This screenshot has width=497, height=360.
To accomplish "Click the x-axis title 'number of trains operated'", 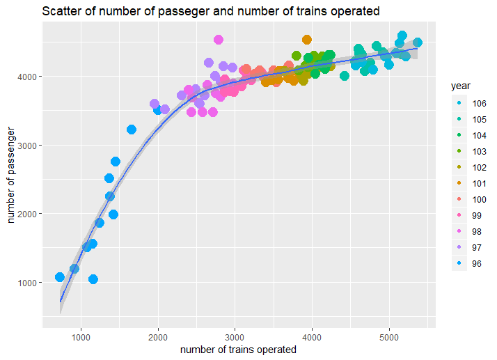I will point(238,350).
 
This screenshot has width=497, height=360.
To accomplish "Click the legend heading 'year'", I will point(462,86).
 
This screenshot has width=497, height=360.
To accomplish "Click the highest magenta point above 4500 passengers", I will point(219,40).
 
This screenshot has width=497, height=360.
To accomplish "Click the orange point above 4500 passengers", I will point(307,40).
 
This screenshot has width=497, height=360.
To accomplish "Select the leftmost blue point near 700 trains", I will point(60,277).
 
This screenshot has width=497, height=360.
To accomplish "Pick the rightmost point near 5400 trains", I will point(418,42).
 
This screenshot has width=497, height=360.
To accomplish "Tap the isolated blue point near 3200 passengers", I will point(132,130).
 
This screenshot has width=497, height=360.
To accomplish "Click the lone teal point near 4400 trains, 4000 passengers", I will point(344,76).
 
